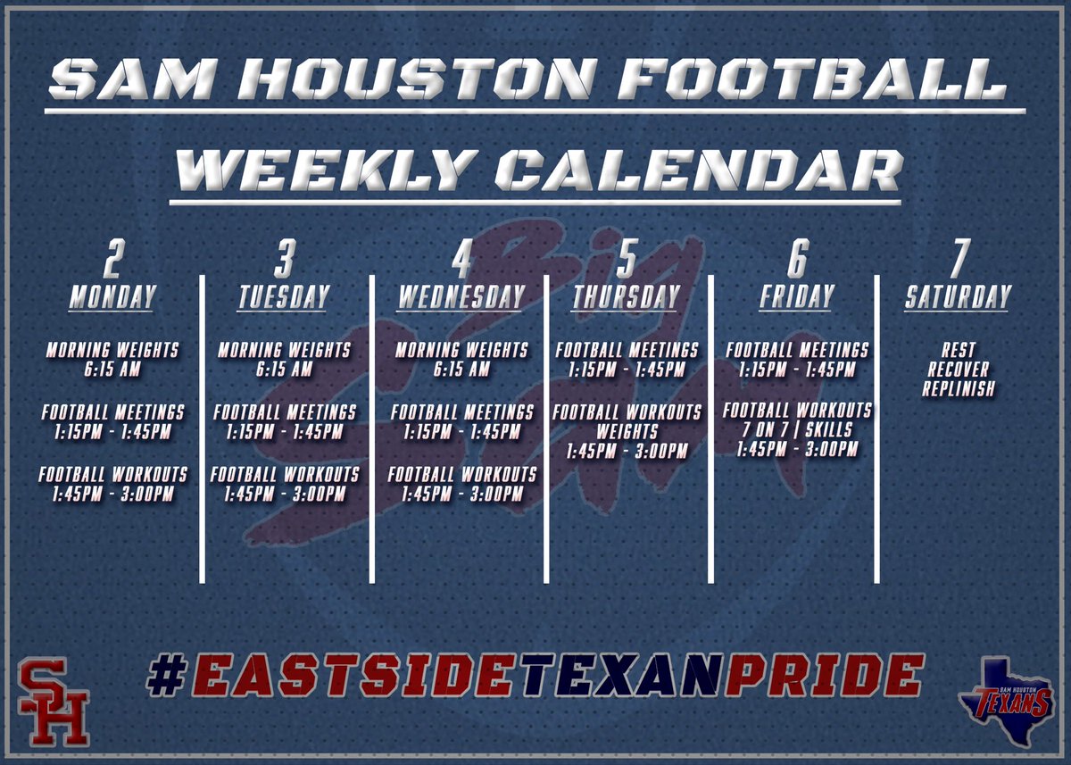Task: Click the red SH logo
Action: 54,702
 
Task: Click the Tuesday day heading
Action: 284,297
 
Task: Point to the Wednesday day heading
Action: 461,297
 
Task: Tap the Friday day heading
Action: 796,297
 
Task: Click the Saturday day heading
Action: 958,297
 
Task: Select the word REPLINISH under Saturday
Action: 958,389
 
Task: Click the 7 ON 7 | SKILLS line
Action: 796,430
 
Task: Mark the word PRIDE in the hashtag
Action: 821,676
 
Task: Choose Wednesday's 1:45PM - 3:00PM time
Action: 462,494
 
